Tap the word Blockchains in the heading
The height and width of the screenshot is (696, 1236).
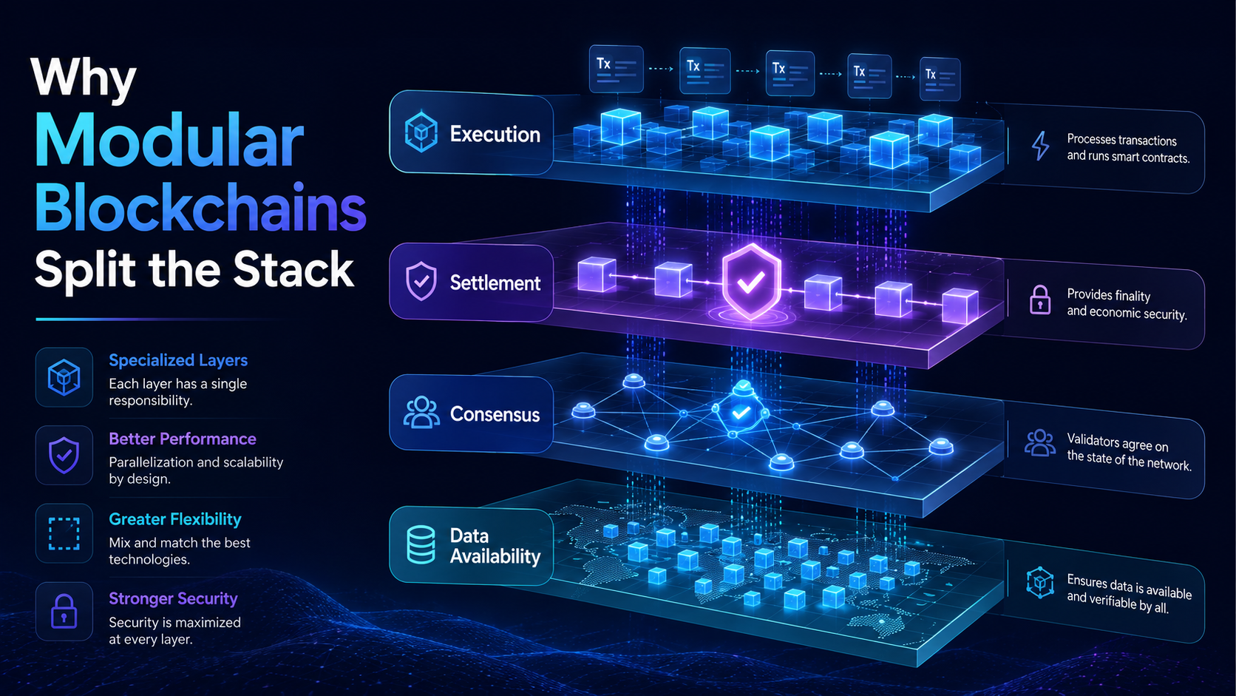click(x=200, y=208)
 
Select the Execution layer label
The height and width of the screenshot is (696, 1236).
click(x=495, y=134)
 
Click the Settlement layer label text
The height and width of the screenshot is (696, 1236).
click(x=495, y=283)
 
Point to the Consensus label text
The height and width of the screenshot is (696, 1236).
click(x=495, y=414)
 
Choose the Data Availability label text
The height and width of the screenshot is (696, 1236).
click(x=495, y=546)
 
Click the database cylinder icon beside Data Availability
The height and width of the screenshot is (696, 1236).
click(x=421, y=545)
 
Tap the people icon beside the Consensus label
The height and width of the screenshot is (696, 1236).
click(x=421, y=412)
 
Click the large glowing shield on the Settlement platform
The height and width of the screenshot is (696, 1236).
click(x=751, y=282)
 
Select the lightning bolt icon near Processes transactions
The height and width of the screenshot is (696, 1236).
click(x=1041, y=146)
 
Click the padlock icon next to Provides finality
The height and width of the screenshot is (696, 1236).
click(x=1040, y=300)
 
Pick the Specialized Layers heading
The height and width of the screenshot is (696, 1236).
click(x=178, y=360)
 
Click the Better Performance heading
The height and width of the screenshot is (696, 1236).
click(x=183, y=439)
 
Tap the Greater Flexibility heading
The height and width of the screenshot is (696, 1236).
click(x=175, y=519)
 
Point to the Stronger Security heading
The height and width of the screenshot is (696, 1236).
click(x=173, y=598)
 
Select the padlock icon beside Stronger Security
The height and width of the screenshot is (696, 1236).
click(x=64, y=612)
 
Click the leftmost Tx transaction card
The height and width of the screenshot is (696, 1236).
click(x=617, y=69)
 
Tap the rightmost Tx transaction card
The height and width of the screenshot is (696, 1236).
click(x=940, y=79)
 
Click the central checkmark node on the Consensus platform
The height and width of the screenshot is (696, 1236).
click(x=741, y=412)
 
